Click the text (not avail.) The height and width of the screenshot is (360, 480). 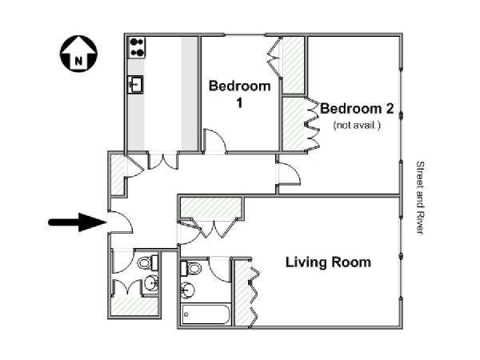(357, 126)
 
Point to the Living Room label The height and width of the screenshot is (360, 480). (329, 262)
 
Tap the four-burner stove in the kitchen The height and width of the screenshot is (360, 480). (137, 46)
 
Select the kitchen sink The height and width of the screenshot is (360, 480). (136, 82)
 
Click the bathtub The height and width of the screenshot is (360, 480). (204, 314)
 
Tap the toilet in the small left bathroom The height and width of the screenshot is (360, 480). (146, 262)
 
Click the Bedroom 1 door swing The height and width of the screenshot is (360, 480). (214, 142)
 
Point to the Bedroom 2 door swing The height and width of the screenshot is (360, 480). (288, 171)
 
